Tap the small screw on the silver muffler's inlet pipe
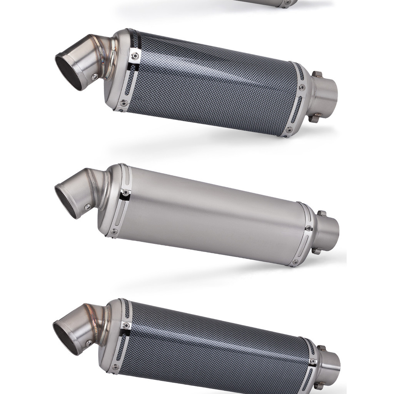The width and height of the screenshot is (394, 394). click(x=88, y=207)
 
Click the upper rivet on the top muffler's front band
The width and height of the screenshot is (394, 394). click(x=134, y=56)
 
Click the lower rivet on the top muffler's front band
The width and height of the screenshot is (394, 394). click(x=123, y=103)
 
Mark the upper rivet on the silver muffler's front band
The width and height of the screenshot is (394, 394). click(x=124, y=192)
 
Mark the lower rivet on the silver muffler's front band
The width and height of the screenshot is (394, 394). click(x=114, y=232)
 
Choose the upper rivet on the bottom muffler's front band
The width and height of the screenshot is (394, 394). click(x=125, y=326)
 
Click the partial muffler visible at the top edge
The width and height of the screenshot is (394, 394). click(x=269, y=3)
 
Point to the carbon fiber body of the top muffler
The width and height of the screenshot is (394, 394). click(x=212, y=88)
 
